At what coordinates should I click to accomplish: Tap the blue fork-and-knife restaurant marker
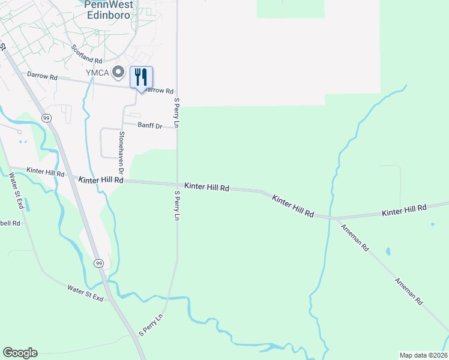pos(141,77)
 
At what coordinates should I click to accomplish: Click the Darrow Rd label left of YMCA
pos(42,77)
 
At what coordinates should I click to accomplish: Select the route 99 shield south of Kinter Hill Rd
pos(98,263)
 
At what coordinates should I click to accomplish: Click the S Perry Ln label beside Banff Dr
pos(176,113)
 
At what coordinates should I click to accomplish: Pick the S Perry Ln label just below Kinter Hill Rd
pos(177,206)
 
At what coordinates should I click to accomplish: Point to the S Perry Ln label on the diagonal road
pos(151,325)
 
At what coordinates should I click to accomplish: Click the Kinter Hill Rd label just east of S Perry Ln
pos(206,188)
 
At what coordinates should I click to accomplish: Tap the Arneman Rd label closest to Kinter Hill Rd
pos(354,238)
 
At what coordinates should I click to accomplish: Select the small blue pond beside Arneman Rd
pos(388,251)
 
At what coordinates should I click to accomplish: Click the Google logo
pos(20,353)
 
